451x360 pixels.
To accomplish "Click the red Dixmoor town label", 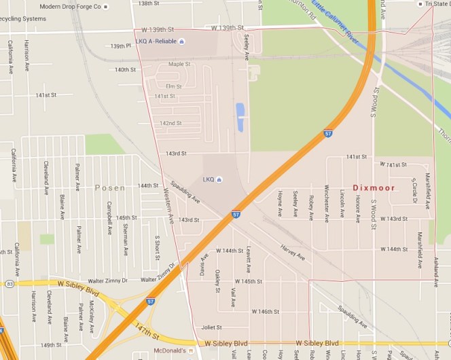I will [374, 187].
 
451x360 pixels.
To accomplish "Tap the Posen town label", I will [110, 187].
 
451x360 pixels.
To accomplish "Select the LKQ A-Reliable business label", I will [156, 41].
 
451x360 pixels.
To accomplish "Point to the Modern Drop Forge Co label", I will [69, 6].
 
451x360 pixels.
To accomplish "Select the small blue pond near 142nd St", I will [240, 118].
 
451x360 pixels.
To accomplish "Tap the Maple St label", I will [179, 65].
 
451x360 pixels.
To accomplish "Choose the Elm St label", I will [173, 86].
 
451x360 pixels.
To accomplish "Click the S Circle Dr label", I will [413, 191].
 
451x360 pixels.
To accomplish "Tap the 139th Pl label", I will [120, 46].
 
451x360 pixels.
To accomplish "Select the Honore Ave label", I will [357, 207].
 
